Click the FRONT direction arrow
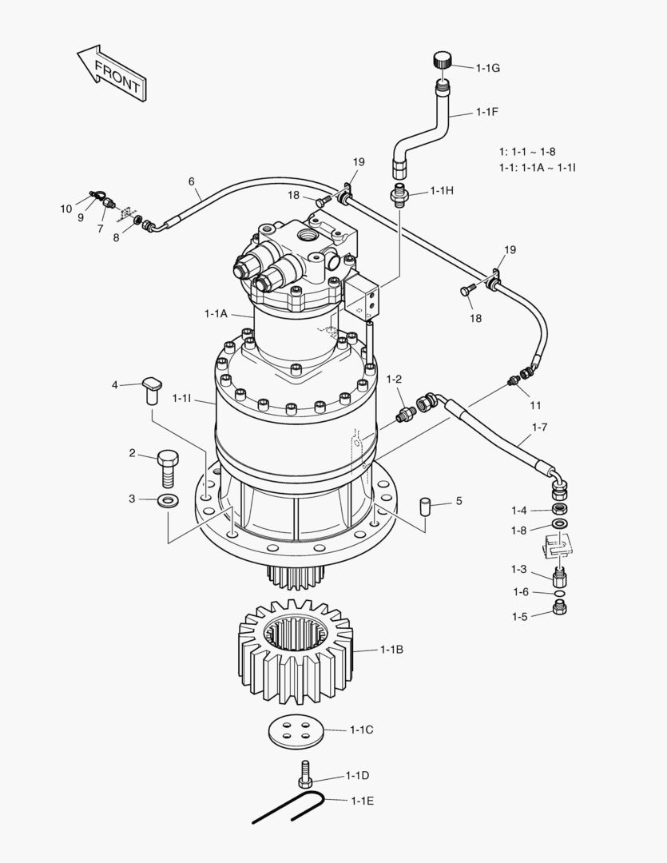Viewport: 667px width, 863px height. pyautogui.click(x=112, y=73)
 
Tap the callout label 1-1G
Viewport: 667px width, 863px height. pyautogui.click(x=487, y=68)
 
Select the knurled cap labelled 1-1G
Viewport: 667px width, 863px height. pyautogui.click(x=444, y=60)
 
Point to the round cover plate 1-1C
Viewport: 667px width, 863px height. pyautogui.click(x=295, y=731)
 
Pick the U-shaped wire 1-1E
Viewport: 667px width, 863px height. pyautogui.click(x=288, y=807)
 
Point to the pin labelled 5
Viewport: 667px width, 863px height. pyautogui.click(x=425, y=506)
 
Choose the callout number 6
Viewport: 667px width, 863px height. pyautogui.click(x=192, y=181)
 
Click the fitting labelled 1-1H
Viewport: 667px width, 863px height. pyautogui.click(x=401, y=194)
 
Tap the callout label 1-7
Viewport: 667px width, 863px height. pyautogui.click(x=539, y=428)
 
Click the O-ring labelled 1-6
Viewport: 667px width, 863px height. pyautogui.click(x=560, y=593)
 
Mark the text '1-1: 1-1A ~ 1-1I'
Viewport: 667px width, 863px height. pyautogui.click(x=538, y=167)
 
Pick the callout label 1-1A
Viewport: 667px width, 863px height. pyautogui.click(x=216, y=314)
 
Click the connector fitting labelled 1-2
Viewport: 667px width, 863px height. pyautogui.click(x=407, y=413)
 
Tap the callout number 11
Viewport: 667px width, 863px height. pyautogui.click(x=535, y=405)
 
